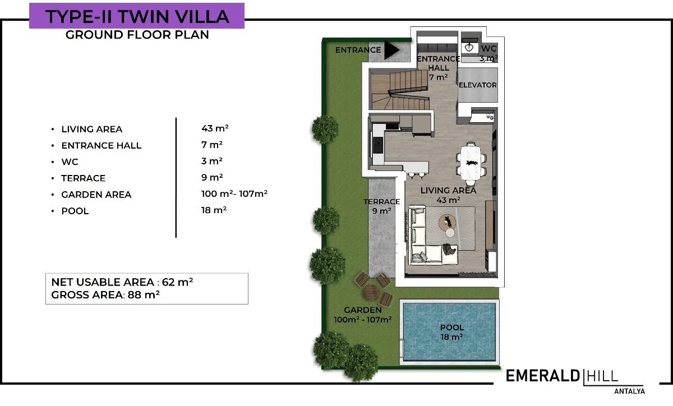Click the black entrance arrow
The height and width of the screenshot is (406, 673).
(x=391, y=50)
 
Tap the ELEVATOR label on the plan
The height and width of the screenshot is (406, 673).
(x=477, y=85)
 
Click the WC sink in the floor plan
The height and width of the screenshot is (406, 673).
(x=469, y=48)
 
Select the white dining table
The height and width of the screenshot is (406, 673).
(x=471, y=162)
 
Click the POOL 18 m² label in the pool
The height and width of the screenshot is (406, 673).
(x=451, y=332)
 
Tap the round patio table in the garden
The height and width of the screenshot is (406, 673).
(x=371, y=293)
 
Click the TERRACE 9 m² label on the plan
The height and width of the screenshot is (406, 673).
(x=381, y=206)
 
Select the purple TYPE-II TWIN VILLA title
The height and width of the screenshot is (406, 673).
(x=137, y=16)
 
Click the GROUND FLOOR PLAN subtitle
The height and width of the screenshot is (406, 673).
(x=137, y=35)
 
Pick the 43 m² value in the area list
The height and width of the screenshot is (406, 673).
(x=215, y=128)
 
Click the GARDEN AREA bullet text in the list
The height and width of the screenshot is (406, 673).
(x=96, y=195)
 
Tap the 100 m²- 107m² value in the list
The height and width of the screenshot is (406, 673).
(x=234, y=193)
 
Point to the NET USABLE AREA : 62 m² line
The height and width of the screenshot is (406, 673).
(x=122, y=282)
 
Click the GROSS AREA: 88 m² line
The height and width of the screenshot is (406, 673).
(x=105, y=295)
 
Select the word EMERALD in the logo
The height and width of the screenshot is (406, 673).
(x=543, y=376)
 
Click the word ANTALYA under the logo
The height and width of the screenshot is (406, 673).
(x=629, y=391)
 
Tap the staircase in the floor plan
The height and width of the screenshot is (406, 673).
(x=399, y=90)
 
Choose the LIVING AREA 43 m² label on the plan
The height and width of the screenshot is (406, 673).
(x=448, y=195)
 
